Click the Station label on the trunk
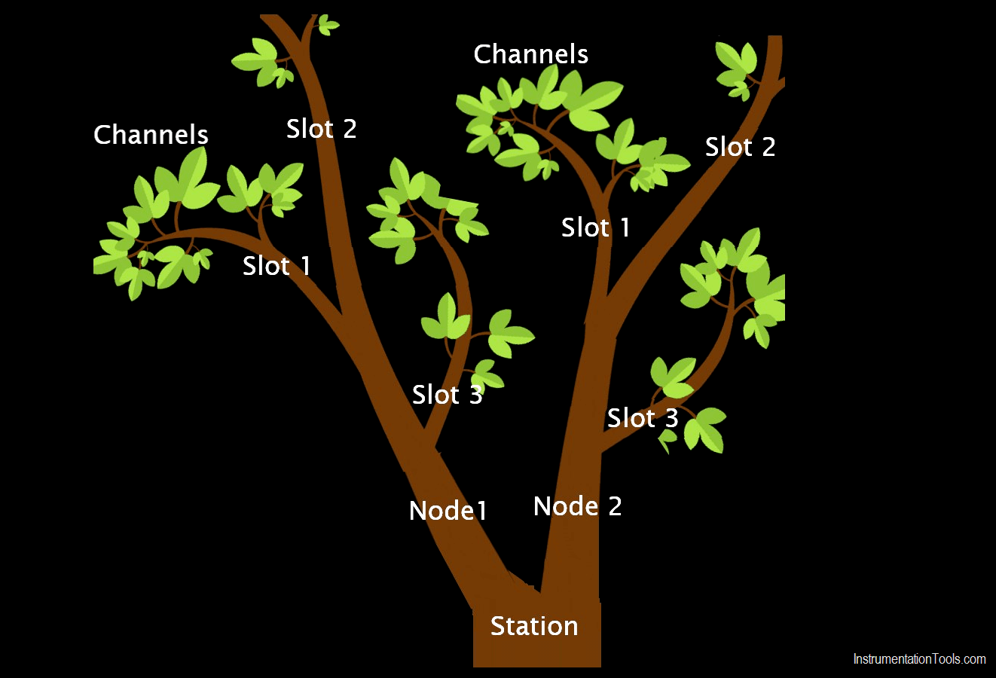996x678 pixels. (533, 626)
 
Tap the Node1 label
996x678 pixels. (448, 511)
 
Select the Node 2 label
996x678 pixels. (577, 506)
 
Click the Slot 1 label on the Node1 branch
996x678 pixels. (276, 266)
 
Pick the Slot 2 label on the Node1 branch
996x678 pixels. (321, 129)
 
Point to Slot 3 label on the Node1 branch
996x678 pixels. (447, 395)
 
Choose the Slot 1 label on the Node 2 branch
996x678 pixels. (595, 228)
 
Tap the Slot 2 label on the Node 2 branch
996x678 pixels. (740, 147)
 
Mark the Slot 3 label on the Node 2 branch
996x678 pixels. (643, 418)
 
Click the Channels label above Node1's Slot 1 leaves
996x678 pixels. (151, 135)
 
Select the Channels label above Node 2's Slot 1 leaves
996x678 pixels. (530, 54)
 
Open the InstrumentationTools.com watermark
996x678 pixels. (919, 659)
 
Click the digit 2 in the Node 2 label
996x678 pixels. (615, 506)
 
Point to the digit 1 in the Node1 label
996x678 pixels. (481, 512)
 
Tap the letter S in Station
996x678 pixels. (497, 626)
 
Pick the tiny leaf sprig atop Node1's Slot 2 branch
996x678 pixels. (326, 25)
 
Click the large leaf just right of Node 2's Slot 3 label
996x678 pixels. (707, 429)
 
